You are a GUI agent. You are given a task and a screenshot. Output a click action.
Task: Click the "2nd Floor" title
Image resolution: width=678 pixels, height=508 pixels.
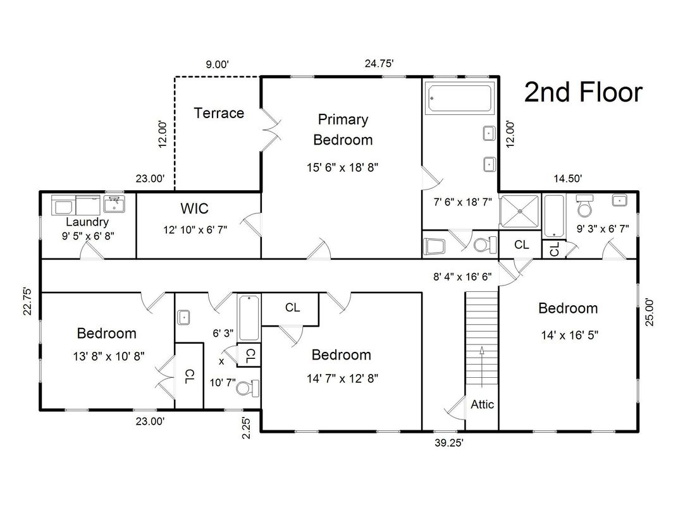point(583,92)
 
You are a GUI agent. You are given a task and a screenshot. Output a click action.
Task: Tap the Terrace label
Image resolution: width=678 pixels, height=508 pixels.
point(219,113)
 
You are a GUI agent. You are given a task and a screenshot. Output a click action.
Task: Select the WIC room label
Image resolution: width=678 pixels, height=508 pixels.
point(195,209)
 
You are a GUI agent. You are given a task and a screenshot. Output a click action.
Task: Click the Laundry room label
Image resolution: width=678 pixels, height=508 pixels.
point(87,222)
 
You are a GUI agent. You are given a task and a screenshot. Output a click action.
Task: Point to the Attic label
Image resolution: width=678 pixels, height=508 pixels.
point(482,404)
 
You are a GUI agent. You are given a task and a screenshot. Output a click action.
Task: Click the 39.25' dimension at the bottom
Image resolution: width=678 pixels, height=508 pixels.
point(449,443)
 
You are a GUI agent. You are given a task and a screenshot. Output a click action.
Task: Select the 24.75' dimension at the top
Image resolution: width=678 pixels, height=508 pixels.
point(379,63)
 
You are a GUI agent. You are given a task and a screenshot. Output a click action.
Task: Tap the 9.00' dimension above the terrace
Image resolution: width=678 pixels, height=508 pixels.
point(217,65)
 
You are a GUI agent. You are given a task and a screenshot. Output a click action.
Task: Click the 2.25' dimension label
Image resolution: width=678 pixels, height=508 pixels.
point(245,428)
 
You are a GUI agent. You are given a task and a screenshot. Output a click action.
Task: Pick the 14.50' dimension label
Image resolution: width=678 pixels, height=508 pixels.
point(568,178)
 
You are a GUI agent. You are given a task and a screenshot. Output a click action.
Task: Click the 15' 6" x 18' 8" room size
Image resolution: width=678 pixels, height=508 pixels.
point(342,167)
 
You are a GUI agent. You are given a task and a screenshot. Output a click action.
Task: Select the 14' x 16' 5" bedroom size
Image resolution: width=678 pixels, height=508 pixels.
point(569,335)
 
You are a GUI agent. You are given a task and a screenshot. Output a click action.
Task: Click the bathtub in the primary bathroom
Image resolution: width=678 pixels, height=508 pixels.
point(459,99)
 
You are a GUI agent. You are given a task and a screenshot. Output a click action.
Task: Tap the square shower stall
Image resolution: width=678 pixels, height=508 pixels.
point(520,211)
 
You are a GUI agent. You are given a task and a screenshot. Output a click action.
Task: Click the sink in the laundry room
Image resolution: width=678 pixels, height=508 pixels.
point(114,204)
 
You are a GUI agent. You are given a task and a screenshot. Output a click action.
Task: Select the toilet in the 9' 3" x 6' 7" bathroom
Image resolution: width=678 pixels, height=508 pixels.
point(584,207)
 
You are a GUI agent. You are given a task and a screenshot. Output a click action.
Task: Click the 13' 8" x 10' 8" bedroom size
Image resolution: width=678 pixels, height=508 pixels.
point(109,356)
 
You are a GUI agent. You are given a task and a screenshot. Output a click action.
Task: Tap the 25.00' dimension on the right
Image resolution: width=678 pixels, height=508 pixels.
point(650,312)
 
